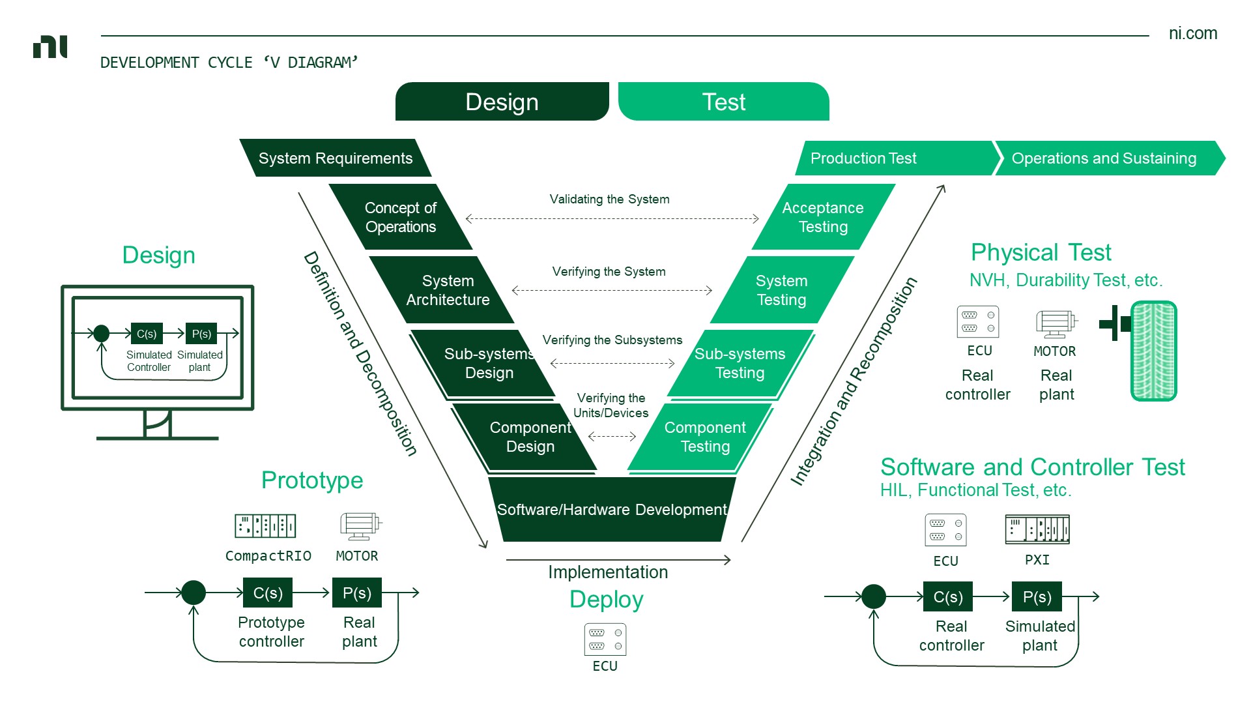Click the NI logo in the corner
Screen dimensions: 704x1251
point(50,47)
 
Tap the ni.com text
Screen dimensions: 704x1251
point(1192,33)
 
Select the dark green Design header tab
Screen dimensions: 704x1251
point(502,102)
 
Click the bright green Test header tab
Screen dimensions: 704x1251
point(723,102)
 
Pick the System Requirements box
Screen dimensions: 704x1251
point(335,158)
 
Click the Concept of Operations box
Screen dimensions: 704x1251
point(400,217)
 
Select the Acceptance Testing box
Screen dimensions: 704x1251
point(823,217)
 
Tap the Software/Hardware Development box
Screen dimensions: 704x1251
point(611,509)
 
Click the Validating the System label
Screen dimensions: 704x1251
point(609,199)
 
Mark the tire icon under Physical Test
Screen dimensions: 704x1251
point(1153,351)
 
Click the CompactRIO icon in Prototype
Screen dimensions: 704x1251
point(265,525)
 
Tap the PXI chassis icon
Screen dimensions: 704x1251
point(1037,529)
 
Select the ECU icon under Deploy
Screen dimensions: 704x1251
point(605,639)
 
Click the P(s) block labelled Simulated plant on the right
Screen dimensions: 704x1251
point(1037,596)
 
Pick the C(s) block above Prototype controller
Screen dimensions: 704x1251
point(268,593)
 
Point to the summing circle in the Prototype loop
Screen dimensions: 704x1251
point(194,593)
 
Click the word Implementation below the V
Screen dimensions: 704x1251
point(608,572)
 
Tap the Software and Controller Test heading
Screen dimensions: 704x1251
point(1032,467)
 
